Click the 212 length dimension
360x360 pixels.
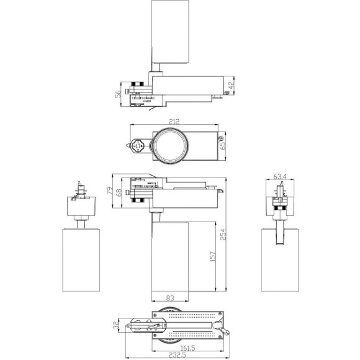173,123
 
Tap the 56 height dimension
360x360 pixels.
117,94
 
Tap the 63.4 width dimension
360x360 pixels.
280,176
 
